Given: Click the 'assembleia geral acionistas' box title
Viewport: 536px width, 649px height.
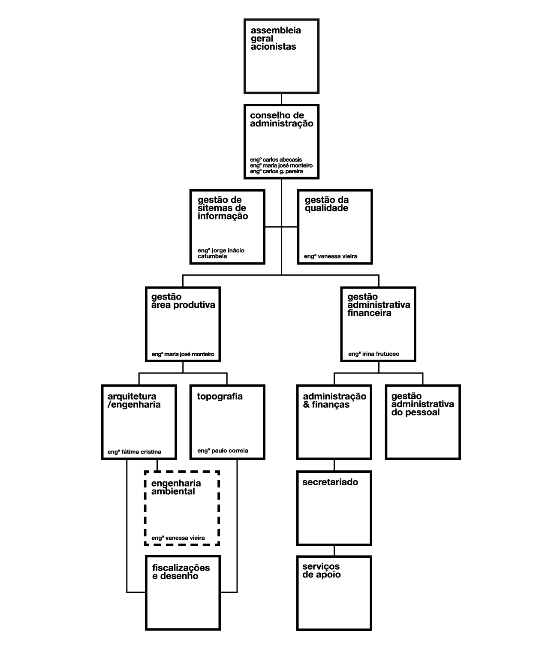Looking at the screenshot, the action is click(x=276, y=39).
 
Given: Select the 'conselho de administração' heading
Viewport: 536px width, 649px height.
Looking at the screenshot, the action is click(x=281, y=120).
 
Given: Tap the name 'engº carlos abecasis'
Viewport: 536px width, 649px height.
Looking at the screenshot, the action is click(x=276, y=160).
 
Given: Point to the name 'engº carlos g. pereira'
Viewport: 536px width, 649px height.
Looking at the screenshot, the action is click(x=277, y=171).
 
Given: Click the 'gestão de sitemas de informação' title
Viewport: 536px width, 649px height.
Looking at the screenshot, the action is click(x=223, y=208).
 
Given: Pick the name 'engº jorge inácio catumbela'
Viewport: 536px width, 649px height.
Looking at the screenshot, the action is click(x=221, y=253).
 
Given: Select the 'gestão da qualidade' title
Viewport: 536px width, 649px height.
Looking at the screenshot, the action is click(x=326, y=204).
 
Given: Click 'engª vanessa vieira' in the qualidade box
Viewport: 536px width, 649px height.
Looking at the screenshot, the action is click(x=331, y=256).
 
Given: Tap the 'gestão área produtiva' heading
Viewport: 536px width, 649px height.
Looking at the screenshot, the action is click(x=183, y=301).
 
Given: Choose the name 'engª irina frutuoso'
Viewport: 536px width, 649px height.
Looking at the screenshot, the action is click(x=374, y=354).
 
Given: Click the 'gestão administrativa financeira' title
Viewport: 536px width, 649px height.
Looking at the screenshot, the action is click(x=379, y=305).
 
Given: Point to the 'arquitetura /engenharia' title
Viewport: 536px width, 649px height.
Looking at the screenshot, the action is click(x=134, y=401).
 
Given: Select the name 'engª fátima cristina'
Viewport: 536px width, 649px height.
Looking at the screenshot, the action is click(x=134, y=452).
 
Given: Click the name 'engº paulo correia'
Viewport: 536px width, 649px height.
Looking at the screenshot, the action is click(x=223, y=451).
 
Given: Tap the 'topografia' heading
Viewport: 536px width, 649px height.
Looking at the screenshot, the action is click(x=220, y=397).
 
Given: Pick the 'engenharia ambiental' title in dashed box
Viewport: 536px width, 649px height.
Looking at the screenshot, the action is click(x=176, y=487).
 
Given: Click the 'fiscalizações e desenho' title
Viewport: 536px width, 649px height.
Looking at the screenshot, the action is click(x=181, y=572).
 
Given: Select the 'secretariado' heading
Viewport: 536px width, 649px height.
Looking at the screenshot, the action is click(x=330, y=482).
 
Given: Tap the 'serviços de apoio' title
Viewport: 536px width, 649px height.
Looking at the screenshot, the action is click(x=322, y=571).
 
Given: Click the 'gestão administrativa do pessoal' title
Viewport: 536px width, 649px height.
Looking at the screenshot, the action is click(x=422, y=404).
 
